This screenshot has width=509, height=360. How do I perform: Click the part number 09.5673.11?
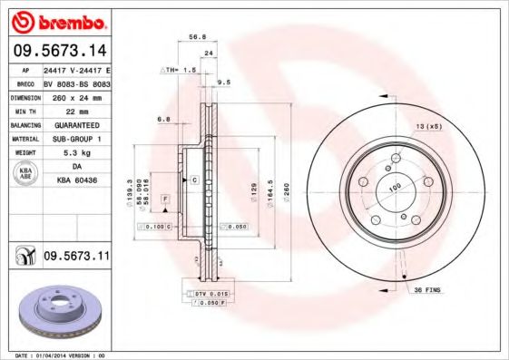point(75,258)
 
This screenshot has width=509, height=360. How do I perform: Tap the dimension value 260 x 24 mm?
point(77,95)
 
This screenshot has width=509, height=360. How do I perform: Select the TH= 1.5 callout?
point(179,69)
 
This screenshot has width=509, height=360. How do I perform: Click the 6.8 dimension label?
point(164,118)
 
